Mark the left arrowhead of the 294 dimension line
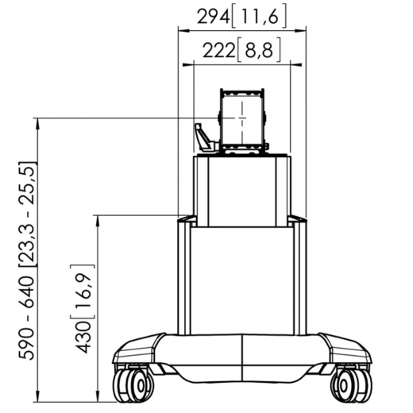[x=179, y=29]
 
